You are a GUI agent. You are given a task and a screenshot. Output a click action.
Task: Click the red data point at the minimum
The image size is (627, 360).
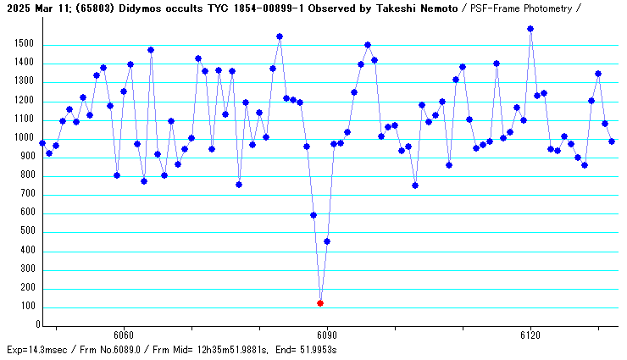(x=320, y=302)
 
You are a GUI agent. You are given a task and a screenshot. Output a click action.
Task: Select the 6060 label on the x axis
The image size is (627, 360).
(x=124, y=335)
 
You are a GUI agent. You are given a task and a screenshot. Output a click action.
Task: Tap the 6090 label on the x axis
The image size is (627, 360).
(x=327, y=335)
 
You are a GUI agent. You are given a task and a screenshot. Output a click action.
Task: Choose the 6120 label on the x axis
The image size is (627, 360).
(x=530, y=335)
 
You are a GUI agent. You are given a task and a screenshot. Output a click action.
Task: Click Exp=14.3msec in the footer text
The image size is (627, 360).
(x=36, y=350)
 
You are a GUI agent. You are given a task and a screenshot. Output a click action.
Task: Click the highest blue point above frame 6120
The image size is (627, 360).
(x=530, y=29)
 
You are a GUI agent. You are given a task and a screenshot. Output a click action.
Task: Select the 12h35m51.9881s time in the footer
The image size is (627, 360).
(x=225, y=350)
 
